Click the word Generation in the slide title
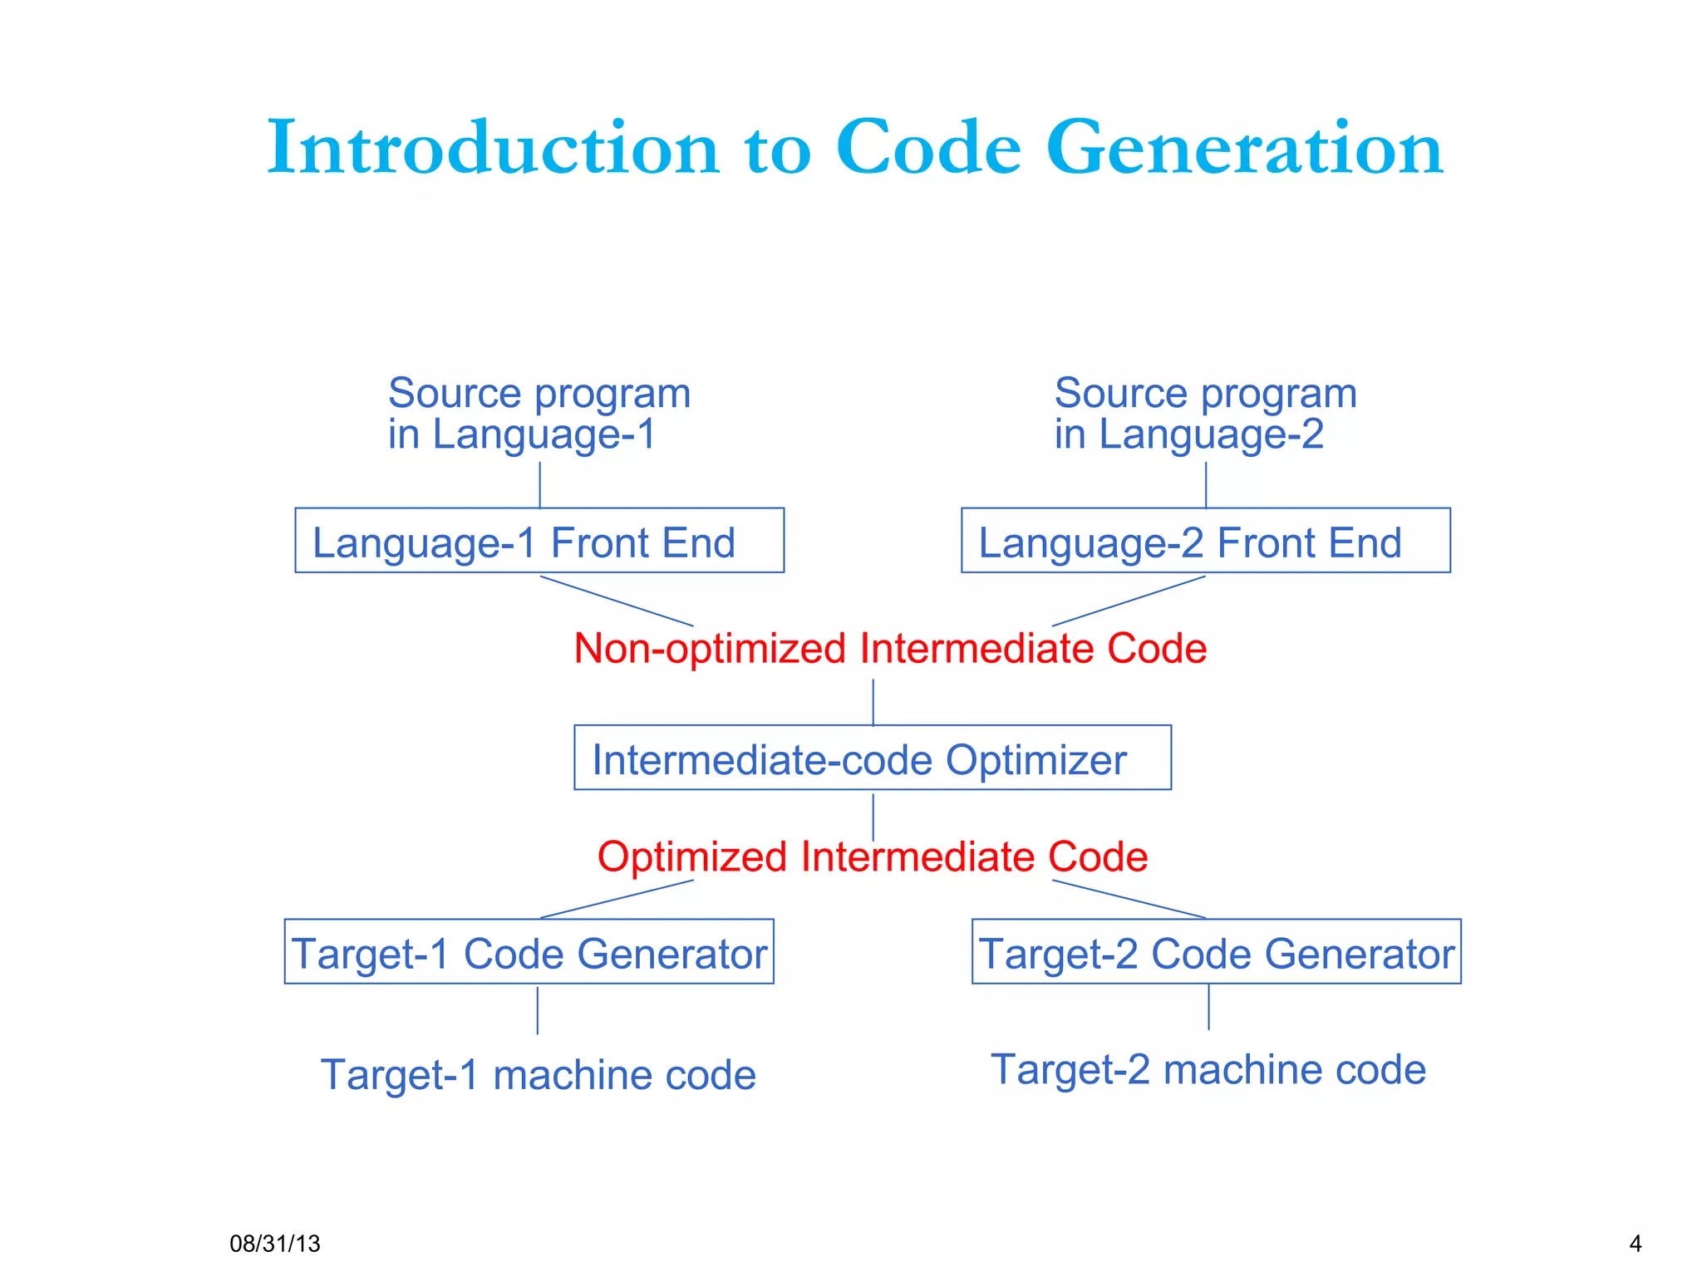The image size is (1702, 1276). [1244, 148]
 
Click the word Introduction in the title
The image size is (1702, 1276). [492, 148]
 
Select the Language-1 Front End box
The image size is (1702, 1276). [539, 541]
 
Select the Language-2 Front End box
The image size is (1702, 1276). [1205, 541]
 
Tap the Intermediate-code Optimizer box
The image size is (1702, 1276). [872, 758]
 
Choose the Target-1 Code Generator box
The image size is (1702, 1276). [529, 952]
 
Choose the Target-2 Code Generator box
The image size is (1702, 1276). [1216, 952]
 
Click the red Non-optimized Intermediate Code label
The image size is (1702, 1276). [889, 648]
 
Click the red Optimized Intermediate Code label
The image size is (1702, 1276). [872, 856]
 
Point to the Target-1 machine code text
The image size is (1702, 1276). [538, 1075]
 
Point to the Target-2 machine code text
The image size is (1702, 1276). [1208, 1069]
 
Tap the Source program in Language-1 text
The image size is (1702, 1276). [539, 414]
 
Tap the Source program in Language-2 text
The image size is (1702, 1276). [1205, 414]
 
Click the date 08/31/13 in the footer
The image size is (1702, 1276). [274, 1244]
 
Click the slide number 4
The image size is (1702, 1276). [1635, 1244]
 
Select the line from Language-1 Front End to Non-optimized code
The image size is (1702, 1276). [617, 601]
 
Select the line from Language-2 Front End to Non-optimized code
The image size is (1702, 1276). [1129, 601]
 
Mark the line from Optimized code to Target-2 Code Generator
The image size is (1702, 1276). [1129, 899]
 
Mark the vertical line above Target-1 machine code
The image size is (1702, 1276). [538, 1010]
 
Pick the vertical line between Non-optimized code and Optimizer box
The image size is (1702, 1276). [873, 702]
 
